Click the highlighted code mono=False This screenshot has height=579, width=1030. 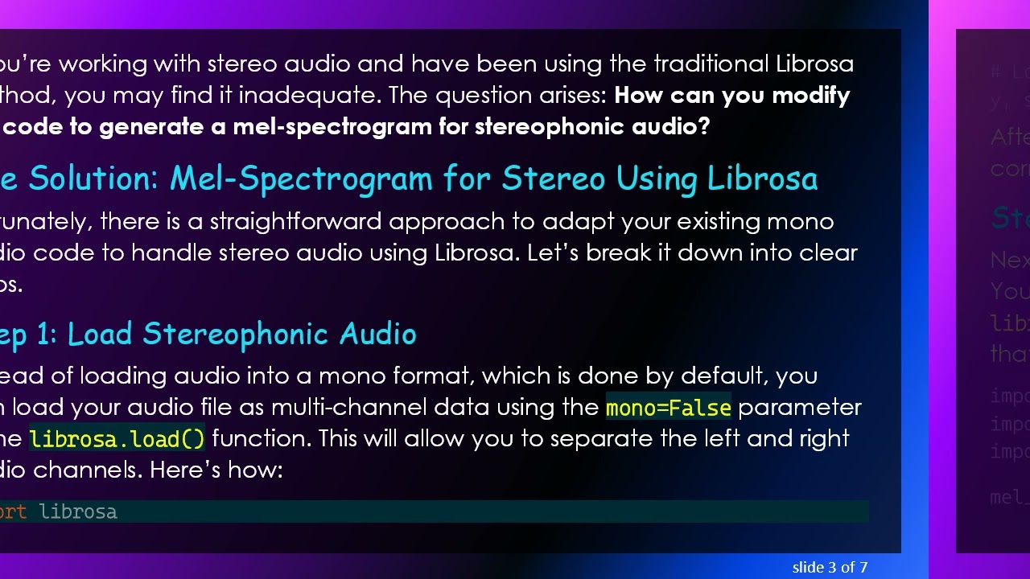(668, 408)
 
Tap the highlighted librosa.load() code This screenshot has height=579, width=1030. (117, 439)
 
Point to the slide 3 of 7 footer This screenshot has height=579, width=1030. (830, 568)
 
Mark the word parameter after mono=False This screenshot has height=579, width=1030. (800, 407)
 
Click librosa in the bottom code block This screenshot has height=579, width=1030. (78, 511)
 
